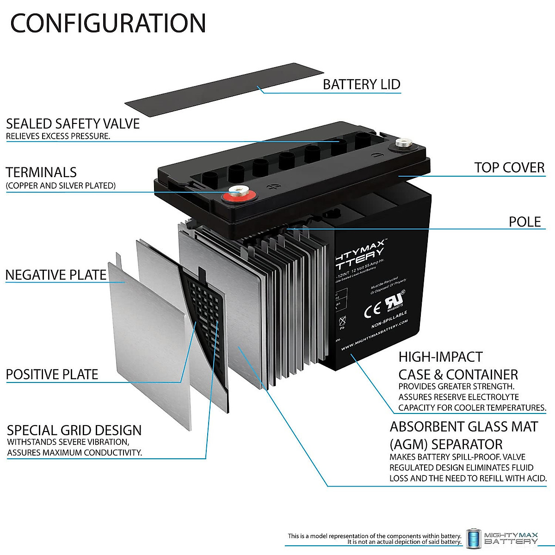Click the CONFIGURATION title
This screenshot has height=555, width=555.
(x=108, y=23)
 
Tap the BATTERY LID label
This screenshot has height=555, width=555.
(x=361, y=85)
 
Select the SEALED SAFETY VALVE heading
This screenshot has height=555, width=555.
(x=73, y=123)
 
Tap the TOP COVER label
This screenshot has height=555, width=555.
(x=509, y=167)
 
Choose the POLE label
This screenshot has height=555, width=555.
(x=524, y=222)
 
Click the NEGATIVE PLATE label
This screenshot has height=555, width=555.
(x=56, y=275)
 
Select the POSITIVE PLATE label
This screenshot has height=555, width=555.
(x=52, y=374)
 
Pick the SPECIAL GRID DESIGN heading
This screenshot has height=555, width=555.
(x=74, y=430)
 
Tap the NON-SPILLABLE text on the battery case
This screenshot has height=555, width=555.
(x=389, y=320)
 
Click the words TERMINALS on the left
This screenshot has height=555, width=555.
(x=41, y=173)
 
